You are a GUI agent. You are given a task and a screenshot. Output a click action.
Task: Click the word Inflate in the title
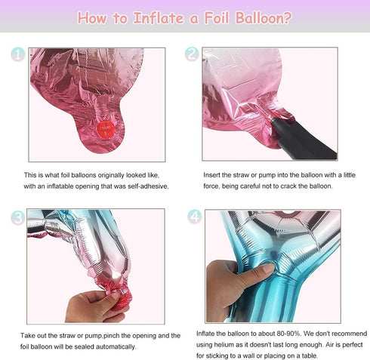point(159,18)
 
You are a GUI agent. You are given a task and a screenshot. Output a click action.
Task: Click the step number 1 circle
point(18,54)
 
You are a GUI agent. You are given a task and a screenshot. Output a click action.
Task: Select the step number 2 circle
point(192,54)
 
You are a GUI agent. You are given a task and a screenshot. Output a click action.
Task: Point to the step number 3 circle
point(18,218)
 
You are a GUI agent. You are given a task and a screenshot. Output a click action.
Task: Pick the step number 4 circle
point(195,217)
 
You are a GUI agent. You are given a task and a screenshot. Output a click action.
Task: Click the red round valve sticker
point(106,129)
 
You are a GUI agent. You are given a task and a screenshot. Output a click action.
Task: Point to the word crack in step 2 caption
point(288,186)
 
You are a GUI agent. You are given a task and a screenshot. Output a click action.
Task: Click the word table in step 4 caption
point(310,355)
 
